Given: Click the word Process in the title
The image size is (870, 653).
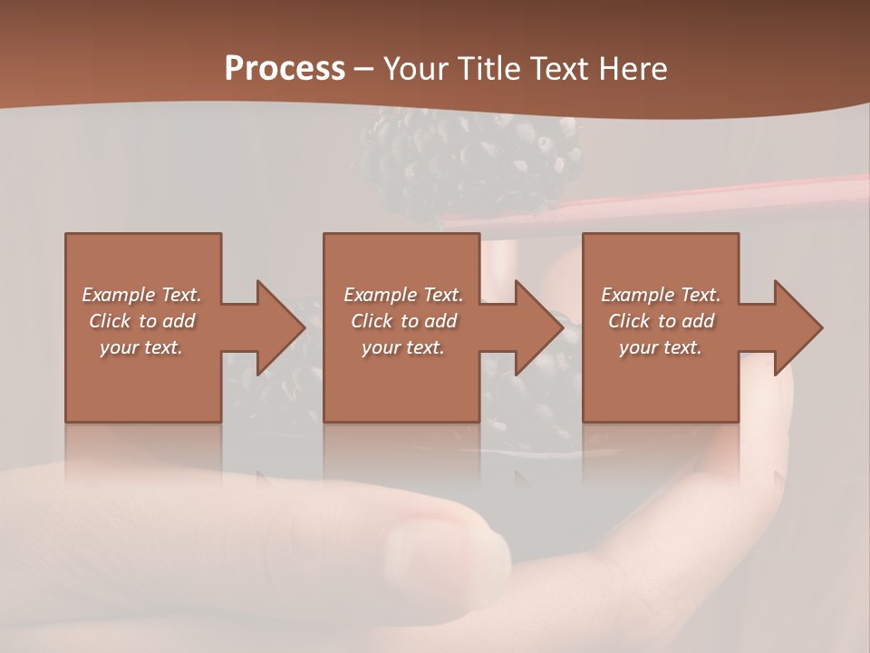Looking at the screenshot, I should [x=285, y=69].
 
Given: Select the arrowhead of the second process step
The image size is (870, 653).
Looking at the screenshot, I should [x=538, y=327].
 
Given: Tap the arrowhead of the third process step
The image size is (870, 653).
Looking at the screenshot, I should [x=797, y=327].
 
